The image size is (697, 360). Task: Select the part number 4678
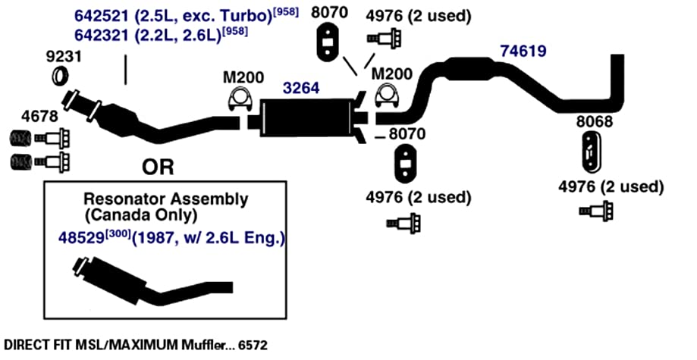(x=39, y=117)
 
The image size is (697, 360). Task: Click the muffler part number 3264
(x=301, y=88)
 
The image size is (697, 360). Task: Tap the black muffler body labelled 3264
(x=308, y=117)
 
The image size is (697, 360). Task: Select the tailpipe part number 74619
(x=523, y=51)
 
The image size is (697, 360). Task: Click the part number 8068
(x=595, y=122)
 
